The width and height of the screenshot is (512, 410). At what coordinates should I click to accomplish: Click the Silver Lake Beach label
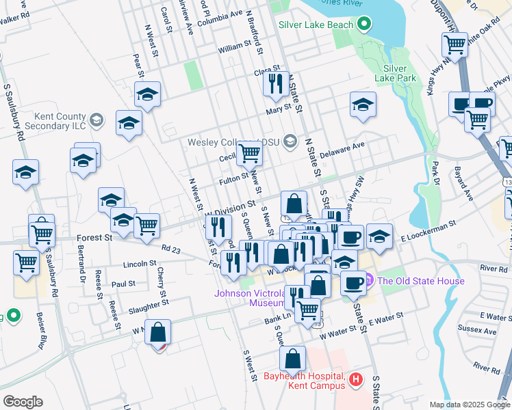(316, 25)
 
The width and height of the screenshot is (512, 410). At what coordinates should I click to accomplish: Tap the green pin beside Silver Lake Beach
(363, 25)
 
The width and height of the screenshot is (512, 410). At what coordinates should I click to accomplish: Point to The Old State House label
(420, 281)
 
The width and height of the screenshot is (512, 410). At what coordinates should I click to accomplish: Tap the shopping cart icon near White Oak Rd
(455, 45)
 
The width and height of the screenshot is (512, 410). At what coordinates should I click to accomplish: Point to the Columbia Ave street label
(220, 14)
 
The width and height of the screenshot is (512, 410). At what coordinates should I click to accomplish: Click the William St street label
(235, 49)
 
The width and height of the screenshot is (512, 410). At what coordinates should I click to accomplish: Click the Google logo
(23, 402)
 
